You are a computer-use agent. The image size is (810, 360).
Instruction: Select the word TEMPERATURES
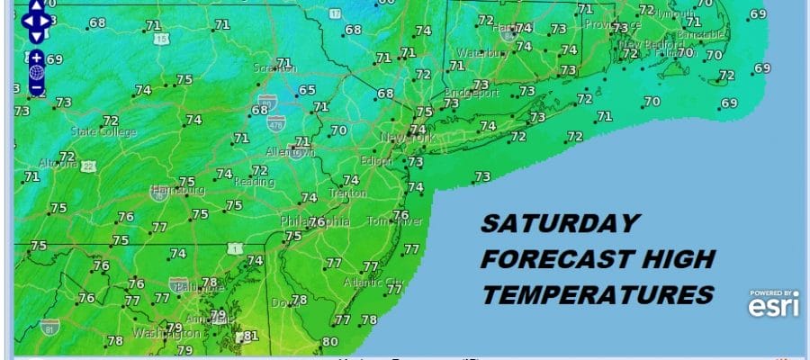click(597, 294)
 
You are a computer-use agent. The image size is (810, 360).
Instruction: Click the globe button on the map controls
click(36, 73)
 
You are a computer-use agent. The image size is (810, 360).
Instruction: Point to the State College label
click(103, 132)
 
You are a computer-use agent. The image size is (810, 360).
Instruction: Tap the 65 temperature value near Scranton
click(308, 90)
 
